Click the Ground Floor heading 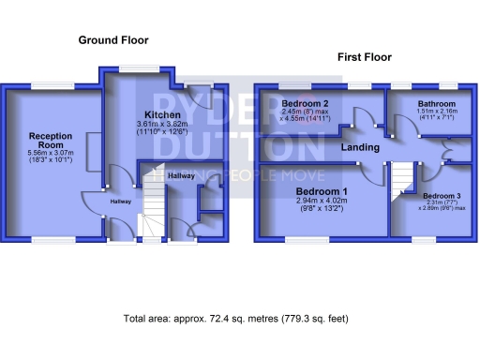tap(113, 40)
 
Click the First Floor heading tap(363, 58)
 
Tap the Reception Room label tap(43, 141)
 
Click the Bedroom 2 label tap(305, 103)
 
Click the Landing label tap(360, 147)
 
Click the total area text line tap(235, 319)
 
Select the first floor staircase tap(402, 179)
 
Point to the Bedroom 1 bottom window tap(300, 239)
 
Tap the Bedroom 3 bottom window tap(425, 239)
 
